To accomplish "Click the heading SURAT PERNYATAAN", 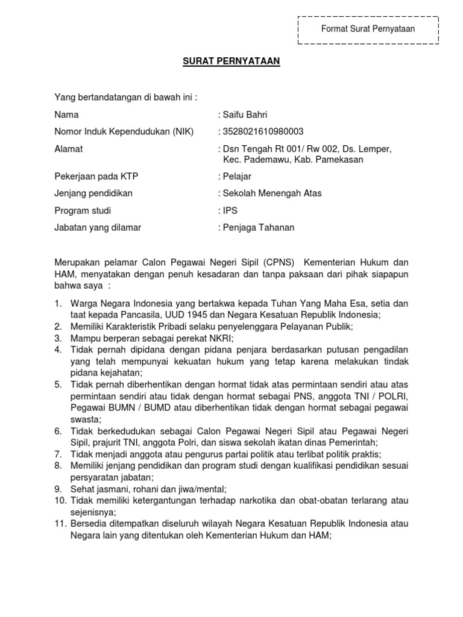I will (x=231, y=61).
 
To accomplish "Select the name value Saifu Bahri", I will (x=245, y=114).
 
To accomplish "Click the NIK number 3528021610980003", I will (x=263, y=131).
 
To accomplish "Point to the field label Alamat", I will (x=69, y=149).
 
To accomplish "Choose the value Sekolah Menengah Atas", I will (x=272, y=193).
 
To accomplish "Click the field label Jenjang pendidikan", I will (x=93, y=193).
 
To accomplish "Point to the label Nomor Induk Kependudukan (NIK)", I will (x=124, y=131).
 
